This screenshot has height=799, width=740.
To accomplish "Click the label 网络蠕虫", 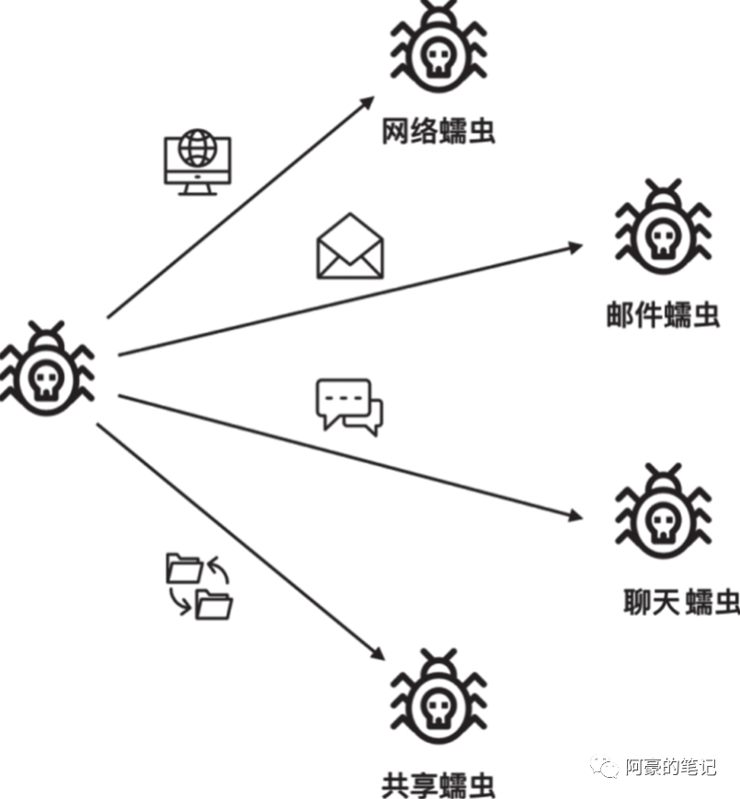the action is (438, 131).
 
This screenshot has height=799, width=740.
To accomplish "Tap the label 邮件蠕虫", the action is (662, 315).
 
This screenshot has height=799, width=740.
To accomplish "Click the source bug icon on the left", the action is (46, 368).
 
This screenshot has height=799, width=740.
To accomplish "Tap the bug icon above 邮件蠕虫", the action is (662, 230).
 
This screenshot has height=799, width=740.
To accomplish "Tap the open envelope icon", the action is (349, 245).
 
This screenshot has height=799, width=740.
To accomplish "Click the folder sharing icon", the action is (199, 585).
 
